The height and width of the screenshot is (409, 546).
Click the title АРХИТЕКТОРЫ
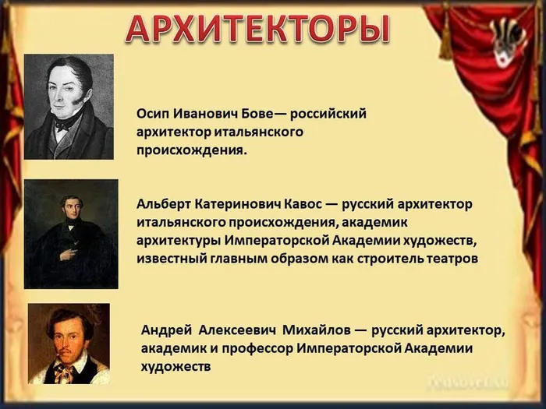257,29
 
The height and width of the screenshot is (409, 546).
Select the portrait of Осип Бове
69,107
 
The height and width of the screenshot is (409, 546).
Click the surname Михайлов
315,329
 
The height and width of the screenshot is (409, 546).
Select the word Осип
152,114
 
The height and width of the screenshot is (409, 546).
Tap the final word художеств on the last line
175,365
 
